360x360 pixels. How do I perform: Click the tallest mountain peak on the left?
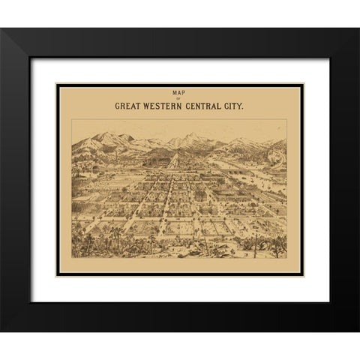pos(105,134)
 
